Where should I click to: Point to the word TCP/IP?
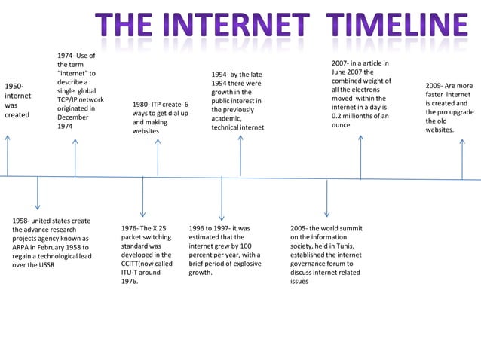click(x=69, y=99)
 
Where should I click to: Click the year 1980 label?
click(x=141, y=105)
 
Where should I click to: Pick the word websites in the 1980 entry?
click(x=146, y=130)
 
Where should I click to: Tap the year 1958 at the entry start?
click(x=23, y=221)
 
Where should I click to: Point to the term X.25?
click(x=158, y=227)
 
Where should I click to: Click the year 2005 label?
click(x=300, y=227)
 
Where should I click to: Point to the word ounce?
click(x=341, y=126)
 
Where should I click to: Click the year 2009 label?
click(x=434, y=86)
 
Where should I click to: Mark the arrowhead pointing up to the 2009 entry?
click(x=462, y=141)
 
